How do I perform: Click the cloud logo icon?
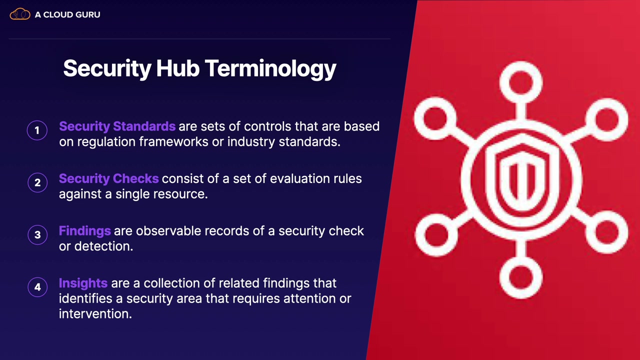point(19,14)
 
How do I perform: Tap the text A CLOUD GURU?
point(67,14)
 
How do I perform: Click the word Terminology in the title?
point(270,69)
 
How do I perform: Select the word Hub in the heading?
point(177,68)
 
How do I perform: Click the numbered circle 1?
point(37,130)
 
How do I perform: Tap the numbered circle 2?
point(37,182)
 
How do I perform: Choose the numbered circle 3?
point(37,235)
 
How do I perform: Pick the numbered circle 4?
point(37,287)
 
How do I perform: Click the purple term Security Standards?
point(117,126)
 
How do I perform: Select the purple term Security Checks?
point(108,179)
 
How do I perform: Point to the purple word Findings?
point(84,231)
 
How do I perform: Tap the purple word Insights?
point(83,283)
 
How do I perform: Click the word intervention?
point(95,314)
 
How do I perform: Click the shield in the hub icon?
point(522,177)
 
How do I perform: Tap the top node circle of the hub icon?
point(521,82)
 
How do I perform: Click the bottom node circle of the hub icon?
point(521,277)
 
